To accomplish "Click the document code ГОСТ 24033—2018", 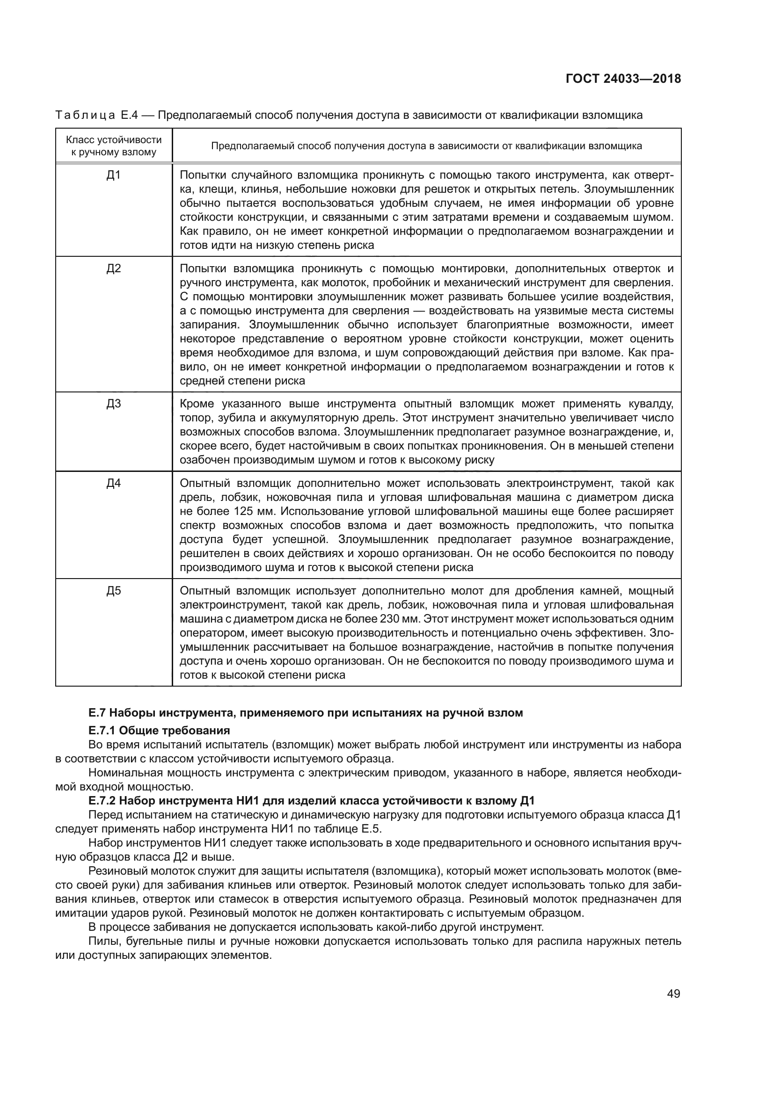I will (x=623, y=79).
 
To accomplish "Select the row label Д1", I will (x=113, y=175).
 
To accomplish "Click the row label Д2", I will (x=113, y=269).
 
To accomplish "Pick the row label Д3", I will (x=113, y=404).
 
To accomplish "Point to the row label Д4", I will (x=113, y=484).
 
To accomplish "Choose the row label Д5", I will (x=113, y=591).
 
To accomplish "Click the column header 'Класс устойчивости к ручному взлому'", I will (x=113, y=146).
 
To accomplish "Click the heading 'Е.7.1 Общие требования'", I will (x=159, y=731).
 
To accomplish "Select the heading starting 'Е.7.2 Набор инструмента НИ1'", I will (x=312, y=800).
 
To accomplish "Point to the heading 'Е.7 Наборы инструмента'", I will (x=306, y=713).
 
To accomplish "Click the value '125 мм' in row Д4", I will (x=254, y=512).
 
